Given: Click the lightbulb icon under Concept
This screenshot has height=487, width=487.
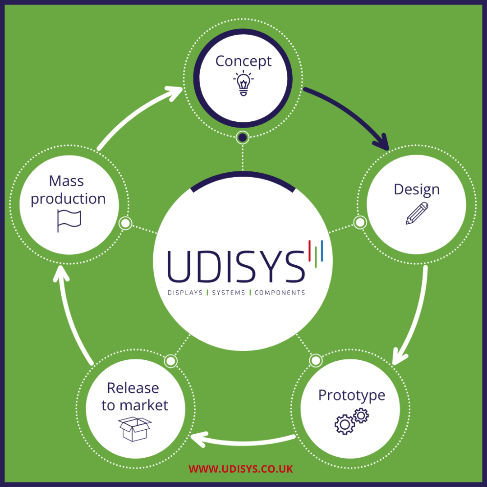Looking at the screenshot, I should tap(243, 83).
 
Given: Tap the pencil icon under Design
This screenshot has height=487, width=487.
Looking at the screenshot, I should tap(417, 213).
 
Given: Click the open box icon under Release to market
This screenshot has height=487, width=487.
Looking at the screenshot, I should tap(135, 429).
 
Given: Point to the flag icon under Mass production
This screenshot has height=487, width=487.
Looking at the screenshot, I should tap(69, 221).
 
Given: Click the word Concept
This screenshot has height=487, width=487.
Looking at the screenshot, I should tap(243, 61).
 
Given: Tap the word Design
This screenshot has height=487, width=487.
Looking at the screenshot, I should tap(416, 189).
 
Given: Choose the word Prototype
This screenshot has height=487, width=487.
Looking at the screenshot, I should tap(351, 395).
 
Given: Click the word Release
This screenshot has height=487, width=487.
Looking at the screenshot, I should tap(133, 388).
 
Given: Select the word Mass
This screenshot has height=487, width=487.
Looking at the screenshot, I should tap(66, 181).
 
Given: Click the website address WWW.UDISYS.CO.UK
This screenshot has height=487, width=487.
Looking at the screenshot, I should tap(241, 469).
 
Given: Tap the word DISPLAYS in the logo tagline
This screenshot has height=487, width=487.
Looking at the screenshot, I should tap(185, 293).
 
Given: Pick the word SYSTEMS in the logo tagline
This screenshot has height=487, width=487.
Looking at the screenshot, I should tap(229, 293).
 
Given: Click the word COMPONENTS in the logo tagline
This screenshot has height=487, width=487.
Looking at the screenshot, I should tap(280, 293).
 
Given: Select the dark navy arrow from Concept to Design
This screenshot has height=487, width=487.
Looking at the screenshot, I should tap(352, 113).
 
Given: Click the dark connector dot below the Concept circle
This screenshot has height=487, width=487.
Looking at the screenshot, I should tap(243, 137).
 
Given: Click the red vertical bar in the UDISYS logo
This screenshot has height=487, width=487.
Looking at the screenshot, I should tap(310, 250).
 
